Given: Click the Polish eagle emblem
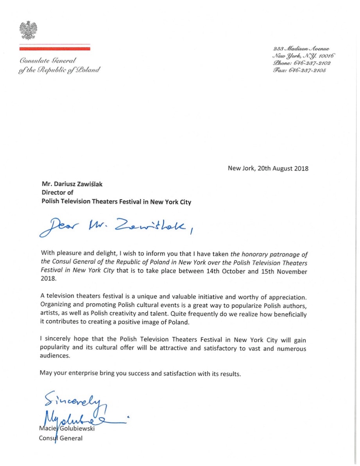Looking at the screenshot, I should (29, 30).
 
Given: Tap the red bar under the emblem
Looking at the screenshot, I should (55, 49).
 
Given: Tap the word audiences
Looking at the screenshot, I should (55, 357).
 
